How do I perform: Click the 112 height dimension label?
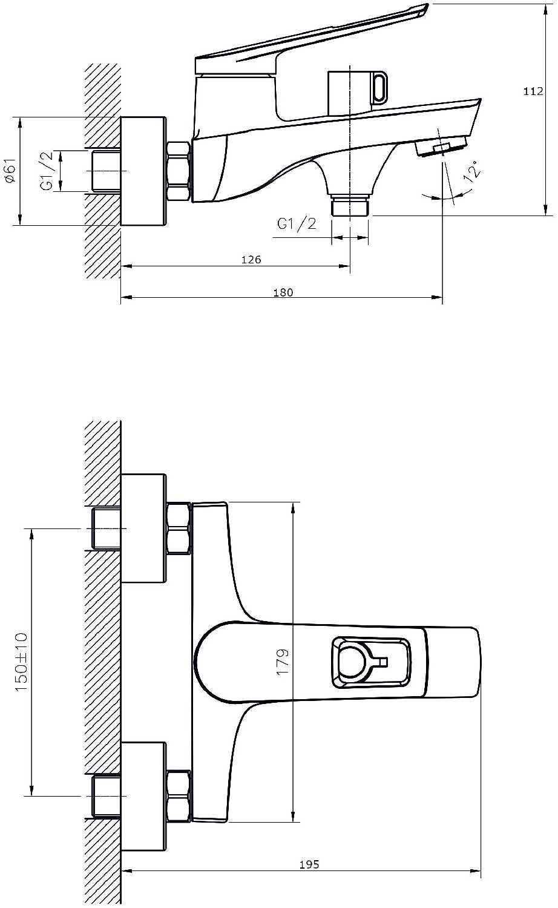pyautogui.click(x=533, y=91)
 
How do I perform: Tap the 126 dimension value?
pyautogui.click(x=251, y=260)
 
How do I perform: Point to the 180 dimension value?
pyautogui.click(x=283, y=292)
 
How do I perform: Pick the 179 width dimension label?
pyautogui.click(x=283, y=662)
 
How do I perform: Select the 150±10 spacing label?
pyautogui.click(x=21, y=662)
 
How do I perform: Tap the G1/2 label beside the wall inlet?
pyautogui.click(x=47, y=171)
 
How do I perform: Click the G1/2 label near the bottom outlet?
pyautogui.click(x=297, y=224)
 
